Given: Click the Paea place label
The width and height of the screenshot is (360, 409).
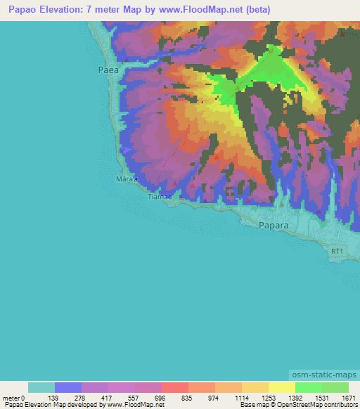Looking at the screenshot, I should pyautogui.click(x=106, y=70).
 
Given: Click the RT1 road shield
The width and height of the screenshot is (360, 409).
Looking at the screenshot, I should pyautogui.click(x=338, y=251).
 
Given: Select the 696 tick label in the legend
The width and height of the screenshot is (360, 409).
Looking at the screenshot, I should pyautogui.click(x=160, y=398).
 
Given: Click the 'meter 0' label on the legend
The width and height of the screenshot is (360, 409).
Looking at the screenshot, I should pyautogui.click(x=15, y=398).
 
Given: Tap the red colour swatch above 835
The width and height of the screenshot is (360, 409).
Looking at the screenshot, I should pyautogui.click(x=174, y=387).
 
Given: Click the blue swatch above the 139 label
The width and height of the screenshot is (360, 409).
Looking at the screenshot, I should pyautogui.click(x=67, y=387).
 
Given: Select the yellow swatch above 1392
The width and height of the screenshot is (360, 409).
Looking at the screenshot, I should pyautogui.click(x=281, y=387).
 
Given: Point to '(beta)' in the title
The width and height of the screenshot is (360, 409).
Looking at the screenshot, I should pyautogui.click(x=258, y=10).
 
